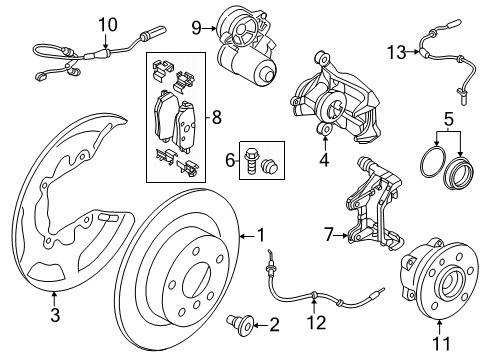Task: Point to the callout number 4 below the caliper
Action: point(323,157)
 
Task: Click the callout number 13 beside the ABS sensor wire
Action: point(396,51)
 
